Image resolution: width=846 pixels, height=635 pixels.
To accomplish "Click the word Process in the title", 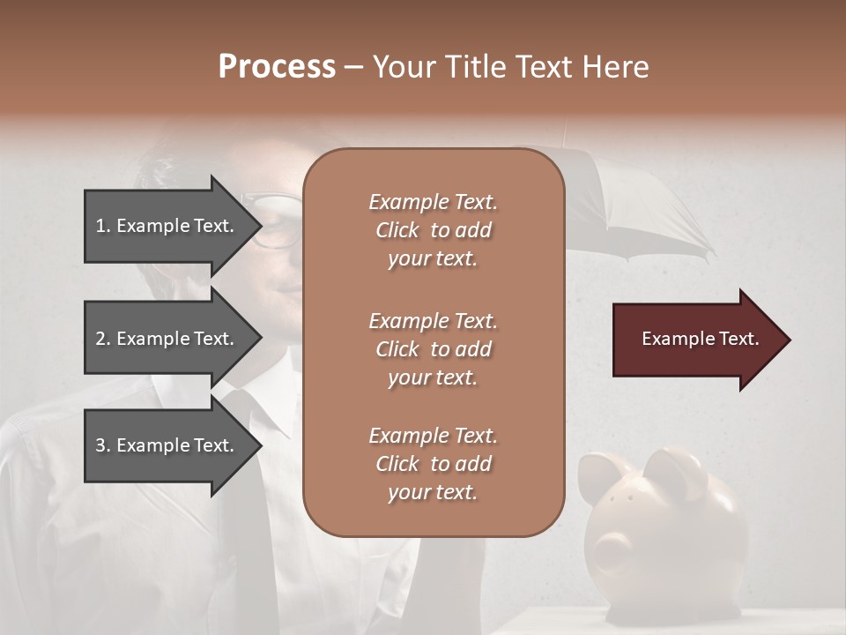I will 277,67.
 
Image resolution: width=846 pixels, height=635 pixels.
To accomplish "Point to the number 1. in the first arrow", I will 103,226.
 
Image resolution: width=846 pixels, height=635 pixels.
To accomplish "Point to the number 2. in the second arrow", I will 103,339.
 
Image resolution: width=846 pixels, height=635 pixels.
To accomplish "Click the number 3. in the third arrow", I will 103,445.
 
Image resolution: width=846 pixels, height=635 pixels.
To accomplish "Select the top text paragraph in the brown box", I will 433,230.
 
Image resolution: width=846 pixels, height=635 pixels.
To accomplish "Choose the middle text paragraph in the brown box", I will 433,349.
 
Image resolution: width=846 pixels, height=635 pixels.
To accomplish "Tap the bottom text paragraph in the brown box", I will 433,464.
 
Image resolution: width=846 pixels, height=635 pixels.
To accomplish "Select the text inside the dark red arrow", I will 701,340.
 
